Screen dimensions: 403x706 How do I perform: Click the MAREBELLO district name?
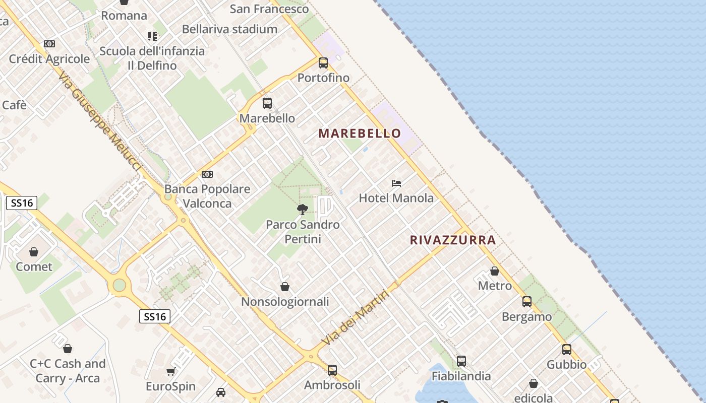point(360,133)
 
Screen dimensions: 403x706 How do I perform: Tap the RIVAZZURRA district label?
point(453,240)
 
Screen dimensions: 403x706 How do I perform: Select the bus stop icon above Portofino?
point(323,63)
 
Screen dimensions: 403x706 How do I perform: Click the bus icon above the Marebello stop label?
point(267,103)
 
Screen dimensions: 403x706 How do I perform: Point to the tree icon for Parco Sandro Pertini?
point(303,209)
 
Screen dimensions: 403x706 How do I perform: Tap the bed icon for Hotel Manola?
point(396,183)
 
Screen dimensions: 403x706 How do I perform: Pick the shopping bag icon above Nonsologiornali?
point(285,287)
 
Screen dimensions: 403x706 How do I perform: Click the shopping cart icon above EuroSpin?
point(170,372)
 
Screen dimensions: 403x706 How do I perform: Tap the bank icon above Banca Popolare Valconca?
point(207,174)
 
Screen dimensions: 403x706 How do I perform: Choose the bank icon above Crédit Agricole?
point(49,44)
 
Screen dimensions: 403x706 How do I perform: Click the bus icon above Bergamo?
point(527,302)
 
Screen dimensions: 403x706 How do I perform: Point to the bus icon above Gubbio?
point(567,350)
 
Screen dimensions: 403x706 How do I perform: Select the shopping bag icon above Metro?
point(495,271)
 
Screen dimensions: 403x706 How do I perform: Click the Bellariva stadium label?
point(229,29)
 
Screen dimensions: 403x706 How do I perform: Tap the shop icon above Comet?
point(34,252)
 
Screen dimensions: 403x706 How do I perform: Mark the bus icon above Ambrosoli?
point(332,370)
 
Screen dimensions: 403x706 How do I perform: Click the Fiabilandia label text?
point(461,376)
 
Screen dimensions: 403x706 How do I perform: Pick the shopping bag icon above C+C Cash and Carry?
point(68,349)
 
